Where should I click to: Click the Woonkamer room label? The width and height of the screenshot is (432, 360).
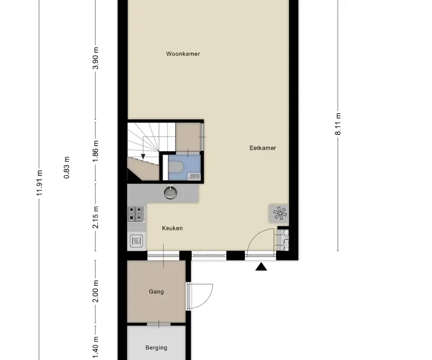pos(183,54)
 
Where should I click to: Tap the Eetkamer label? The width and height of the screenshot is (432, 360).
pos(263,148)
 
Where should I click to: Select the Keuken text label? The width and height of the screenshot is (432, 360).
pos(172,228)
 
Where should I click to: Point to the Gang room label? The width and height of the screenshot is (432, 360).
pos(156,291)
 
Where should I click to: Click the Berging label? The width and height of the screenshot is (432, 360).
pos(156,348)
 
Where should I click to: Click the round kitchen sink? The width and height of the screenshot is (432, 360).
pos(170,192)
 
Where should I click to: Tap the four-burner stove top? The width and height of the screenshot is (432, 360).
pos(136,214)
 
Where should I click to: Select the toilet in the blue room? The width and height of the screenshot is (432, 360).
pos(176,167)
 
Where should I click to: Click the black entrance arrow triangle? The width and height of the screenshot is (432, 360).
pos(261,266)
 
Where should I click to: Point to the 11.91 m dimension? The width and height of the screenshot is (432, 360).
pos(40,183)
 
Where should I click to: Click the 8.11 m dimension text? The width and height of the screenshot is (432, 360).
pos(338,124)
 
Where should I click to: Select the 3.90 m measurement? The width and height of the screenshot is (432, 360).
pos(96,58)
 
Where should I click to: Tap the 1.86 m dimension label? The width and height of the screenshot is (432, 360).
pos(96,152)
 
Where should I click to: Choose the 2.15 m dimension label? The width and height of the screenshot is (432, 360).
pos(96,217)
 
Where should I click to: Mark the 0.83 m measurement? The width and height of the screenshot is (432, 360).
pos(66,168)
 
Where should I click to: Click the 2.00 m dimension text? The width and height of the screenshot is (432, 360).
pos(96,291)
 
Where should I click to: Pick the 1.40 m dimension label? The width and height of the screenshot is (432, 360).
pos(96,348)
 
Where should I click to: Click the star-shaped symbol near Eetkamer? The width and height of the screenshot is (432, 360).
pos(280,213)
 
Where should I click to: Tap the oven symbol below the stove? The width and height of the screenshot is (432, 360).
pos(136,241)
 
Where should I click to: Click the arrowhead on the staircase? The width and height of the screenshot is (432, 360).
pos(143,157)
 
